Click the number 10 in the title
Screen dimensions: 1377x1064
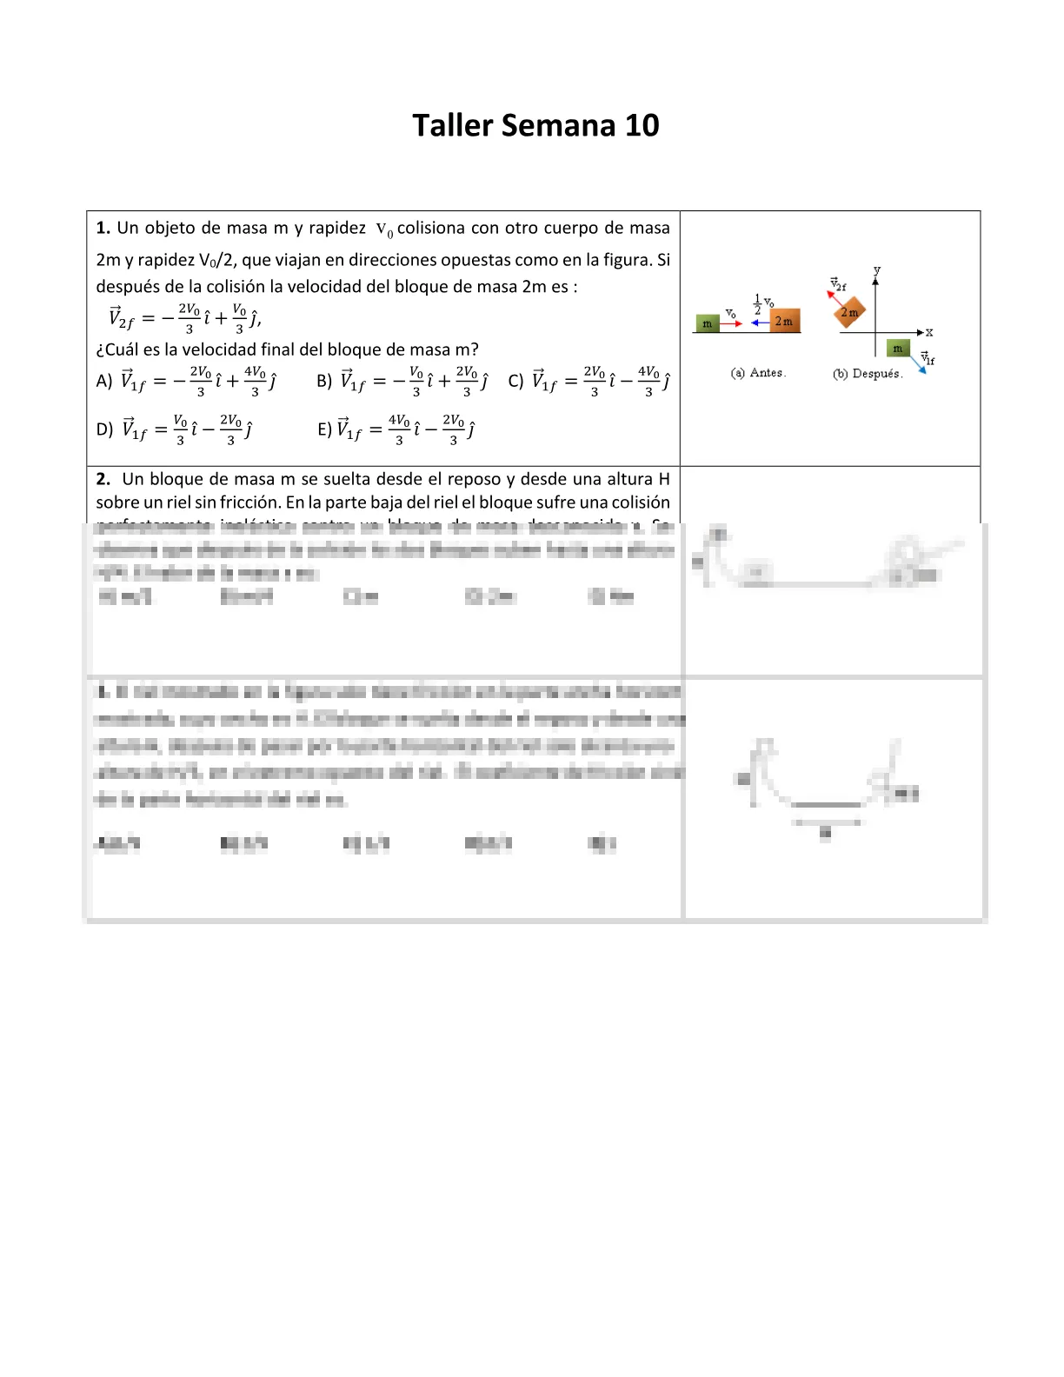tap(642, 126)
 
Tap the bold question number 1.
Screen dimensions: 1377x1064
tap(102, 228)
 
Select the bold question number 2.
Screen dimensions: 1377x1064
tap(103, 479)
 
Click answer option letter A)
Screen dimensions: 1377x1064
tap(104, 381)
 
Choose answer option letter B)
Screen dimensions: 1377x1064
tap(324, 381)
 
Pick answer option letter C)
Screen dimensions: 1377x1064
tap(515, 381)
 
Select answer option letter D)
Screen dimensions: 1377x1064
tap(104, 429)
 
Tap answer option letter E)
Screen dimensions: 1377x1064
tap(324, 429)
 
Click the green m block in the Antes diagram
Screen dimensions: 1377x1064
tap(707, 323)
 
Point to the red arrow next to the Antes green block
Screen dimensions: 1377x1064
tap(731, 323)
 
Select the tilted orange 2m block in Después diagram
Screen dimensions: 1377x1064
tap(849, 313)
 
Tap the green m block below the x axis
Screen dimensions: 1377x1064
tap(898, 348)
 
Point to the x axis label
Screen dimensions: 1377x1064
tap(929, 332)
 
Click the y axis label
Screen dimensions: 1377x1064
tap(876, 270)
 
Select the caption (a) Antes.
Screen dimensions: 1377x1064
tap(758, 373)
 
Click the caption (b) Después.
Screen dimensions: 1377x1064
tap(868, 374)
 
